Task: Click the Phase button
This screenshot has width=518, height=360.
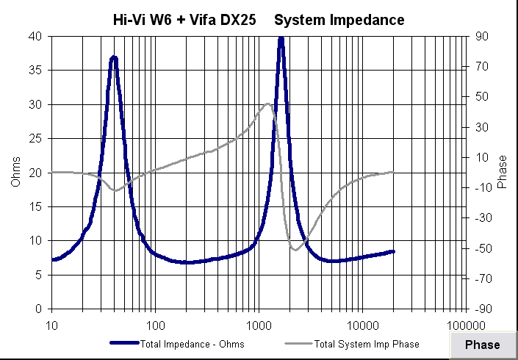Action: click(482, 345)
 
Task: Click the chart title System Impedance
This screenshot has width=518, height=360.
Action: click(339, 21)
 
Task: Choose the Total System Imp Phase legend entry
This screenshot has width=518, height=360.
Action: click(366, 343)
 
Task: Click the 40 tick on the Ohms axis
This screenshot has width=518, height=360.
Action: click(35, 36)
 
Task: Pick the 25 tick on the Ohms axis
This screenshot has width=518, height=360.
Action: click(35, 138)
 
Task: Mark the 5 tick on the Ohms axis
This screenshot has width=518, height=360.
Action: click(38, 274)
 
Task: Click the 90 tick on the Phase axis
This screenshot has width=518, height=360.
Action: click(481, 36)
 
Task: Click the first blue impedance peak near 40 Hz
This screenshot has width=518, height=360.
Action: click(113, 57)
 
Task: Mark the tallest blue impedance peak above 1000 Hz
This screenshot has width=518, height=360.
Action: click(281, 38)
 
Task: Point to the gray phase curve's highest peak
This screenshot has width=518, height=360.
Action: click(267, 104)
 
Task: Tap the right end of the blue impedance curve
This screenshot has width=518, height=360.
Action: click(393, 251)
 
